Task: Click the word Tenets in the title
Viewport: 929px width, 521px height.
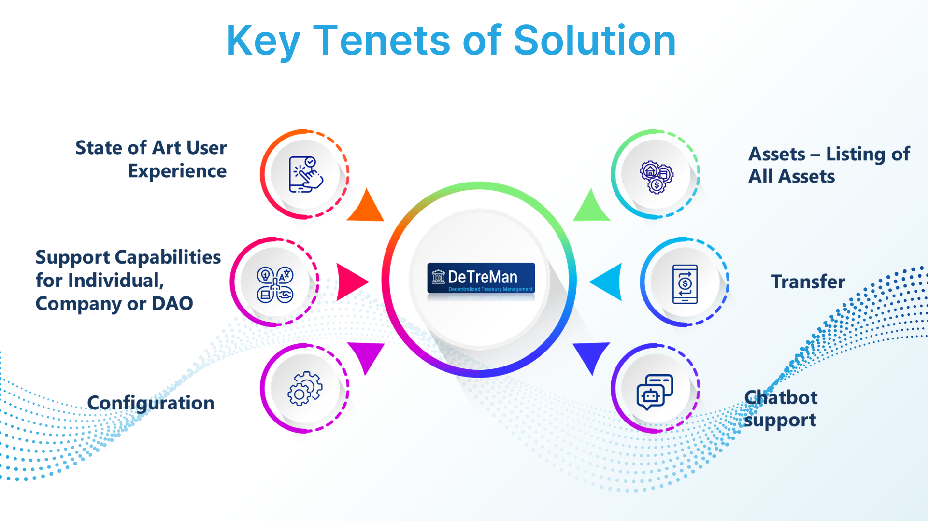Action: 382,41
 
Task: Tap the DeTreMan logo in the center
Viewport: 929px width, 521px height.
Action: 481,279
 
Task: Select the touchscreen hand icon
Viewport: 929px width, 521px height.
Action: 305,174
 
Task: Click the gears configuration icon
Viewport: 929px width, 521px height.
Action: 305,388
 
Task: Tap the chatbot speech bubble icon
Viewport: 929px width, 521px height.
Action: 655,392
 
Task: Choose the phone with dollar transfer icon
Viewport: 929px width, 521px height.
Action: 685,284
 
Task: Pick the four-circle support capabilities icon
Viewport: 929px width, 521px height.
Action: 275,285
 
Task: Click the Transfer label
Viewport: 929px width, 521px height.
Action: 808,282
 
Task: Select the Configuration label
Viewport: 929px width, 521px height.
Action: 151,403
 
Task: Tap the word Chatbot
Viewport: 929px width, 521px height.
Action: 781,397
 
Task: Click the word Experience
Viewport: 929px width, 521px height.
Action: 177,171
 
